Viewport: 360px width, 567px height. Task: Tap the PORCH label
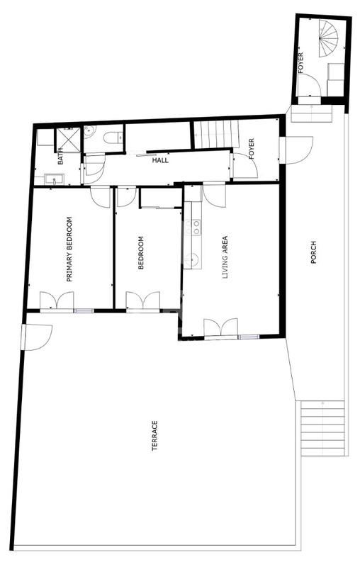click(313, 253)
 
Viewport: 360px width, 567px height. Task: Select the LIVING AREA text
click(226, 259)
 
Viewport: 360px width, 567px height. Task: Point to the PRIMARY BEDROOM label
click(69, 249)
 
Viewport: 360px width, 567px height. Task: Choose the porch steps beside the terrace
click(323, 427)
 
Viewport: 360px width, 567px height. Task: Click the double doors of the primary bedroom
click(57, 301)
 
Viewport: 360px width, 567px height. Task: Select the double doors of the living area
click(220, 327)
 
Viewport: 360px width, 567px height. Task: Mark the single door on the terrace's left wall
click(35, 335)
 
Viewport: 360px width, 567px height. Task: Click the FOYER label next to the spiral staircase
click(300, 64)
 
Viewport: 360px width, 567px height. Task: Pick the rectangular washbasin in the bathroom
click(52, 179)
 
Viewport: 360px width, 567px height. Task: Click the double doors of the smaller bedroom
click(143, 301)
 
